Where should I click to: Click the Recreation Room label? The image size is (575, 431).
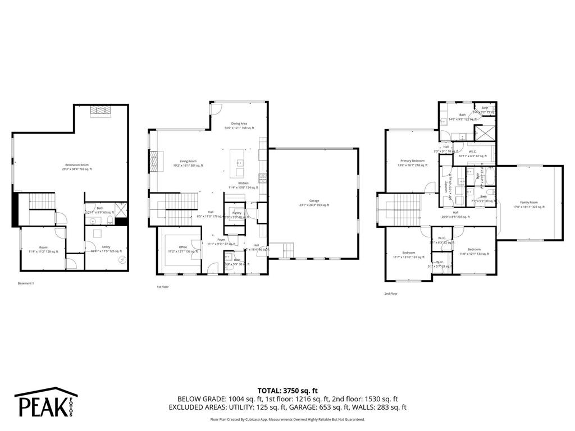coord(77,167)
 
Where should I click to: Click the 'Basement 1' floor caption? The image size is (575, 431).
coord(26,283)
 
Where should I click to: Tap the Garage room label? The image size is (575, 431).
coord(313,203)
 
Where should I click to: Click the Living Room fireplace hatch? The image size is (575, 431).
coord(153,161)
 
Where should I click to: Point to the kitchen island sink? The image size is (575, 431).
coord(240,163)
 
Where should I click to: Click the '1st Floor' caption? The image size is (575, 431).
coord(162,287)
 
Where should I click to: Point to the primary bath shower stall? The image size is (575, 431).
coord(483,133)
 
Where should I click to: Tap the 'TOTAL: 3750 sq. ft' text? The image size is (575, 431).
coord(287,390)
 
